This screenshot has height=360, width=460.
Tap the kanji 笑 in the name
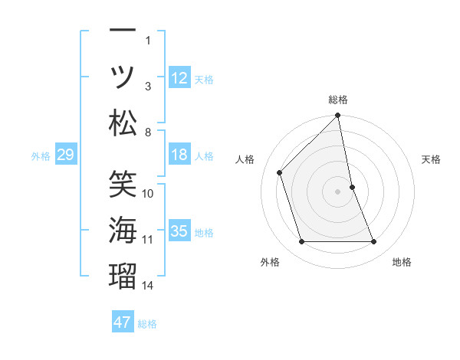point(123,183)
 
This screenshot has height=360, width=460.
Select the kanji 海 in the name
point(123,230)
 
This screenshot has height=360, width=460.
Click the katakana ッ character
point(123,77)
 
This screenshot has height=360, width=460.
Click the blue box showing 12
point(179,77)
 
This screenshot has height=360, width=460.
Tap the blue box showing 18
point(179,155)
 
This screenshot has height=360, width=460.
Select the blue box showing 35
point(179,231)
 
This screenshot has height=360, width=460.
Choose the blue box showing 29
point(65,155)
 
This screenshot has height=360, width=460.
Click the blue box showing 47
point(123,322)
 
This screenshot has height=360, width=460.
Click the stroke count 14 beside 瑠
point(148,286)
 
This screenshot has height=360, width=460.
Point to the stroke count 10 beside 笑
point(148,193)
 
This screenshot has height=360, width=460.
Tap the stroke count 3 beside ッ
point(148,86)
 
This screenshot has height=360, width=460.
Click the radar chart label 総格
point(338,100)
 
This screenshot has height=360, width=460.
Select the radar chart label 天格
point(432,159)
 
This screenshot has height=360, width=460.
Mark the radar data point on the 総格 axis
point(338,116)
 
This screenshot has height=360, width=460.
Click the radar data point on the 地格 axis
point(374,242)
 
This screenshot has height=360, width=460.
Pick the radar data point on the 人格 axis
point(280,172)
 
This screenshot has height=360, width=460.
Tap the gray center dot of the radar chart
point(338,191)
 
